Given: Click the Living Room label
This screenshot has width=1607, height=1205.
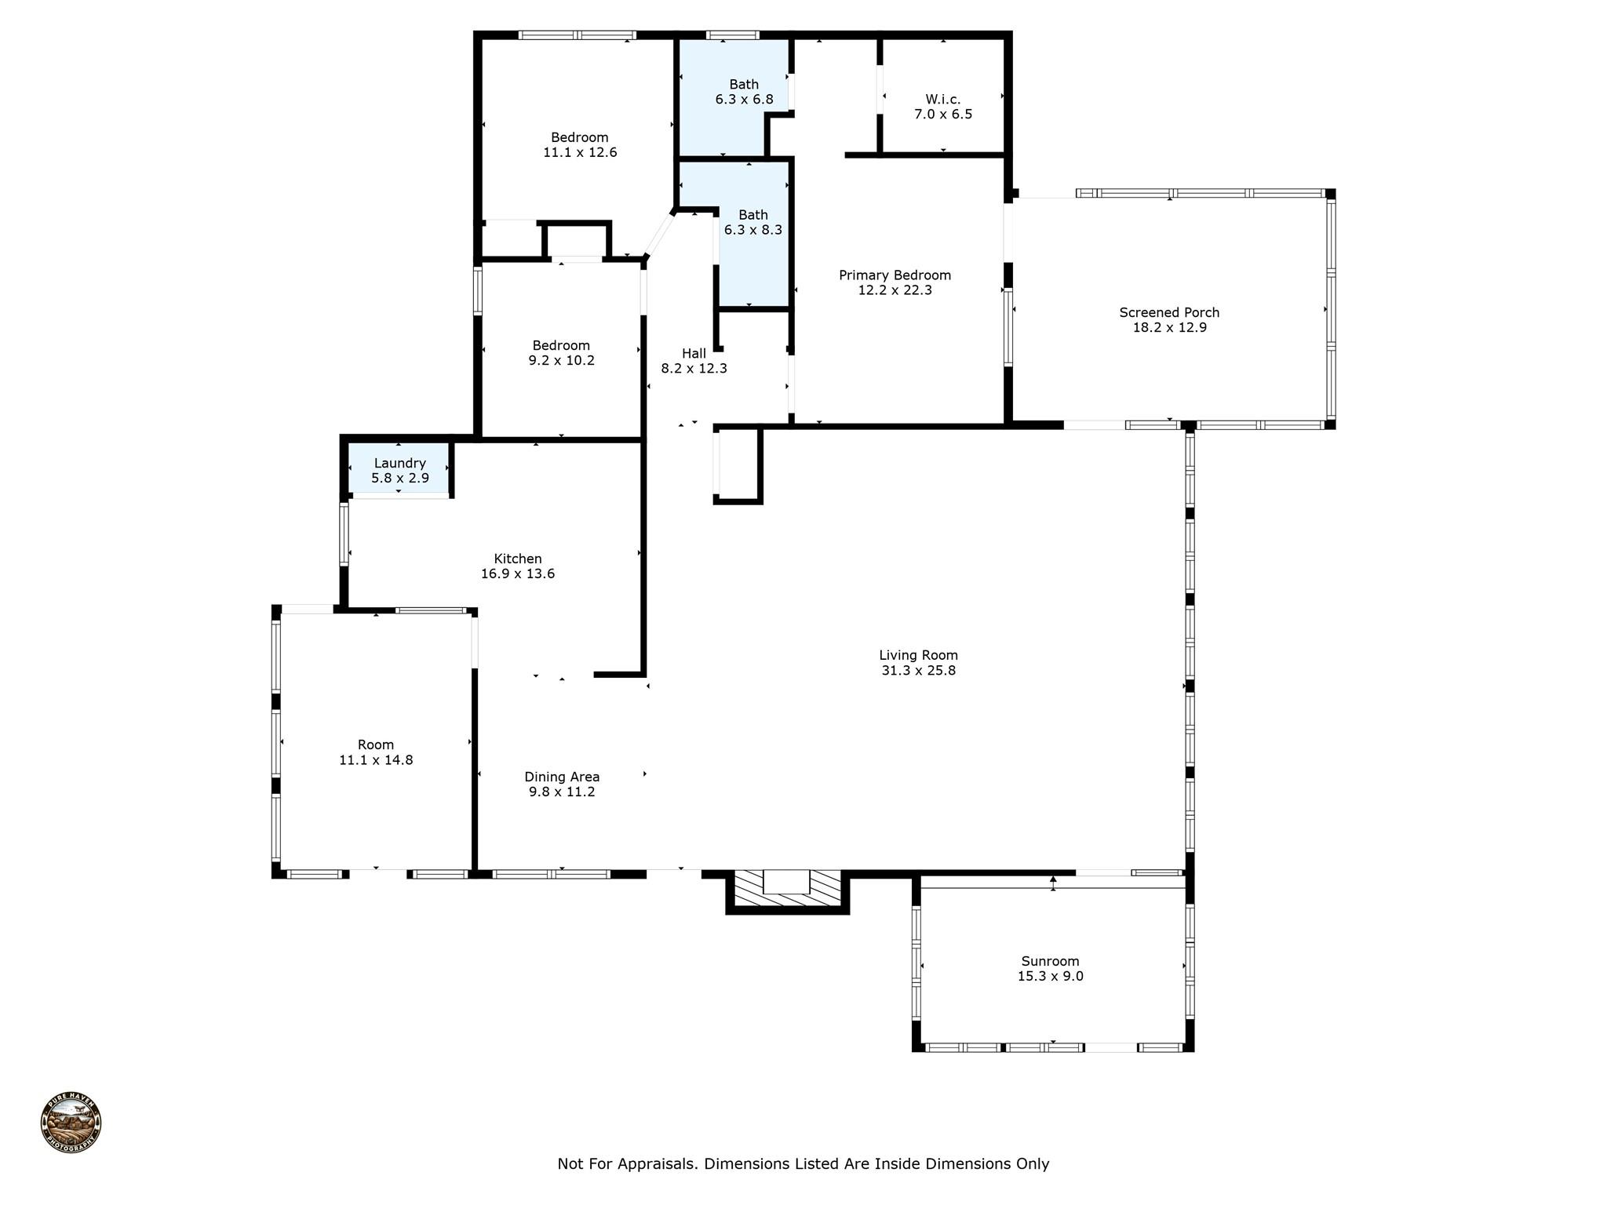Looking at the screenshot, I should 918,655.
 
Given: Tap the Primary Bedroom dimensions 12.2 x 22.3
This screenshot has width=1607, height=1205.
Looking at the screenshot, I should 895,290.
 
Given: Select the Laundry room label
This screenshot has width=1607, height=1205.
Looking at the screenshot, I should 399,463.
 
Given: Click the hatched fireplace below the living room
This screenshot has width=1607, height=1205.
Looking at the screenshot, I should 787,892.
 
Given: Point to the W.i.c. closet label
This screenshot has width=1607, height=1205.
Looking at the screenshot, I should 942,100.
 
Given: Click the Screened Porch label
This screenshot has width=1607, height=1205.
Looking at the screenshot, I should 1169,312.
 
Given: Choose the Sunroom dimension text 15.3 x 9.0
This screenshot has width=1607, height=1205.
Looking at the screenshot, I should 1050,976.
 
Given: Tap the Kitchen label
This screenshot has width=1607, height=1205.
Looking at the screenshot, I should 517,559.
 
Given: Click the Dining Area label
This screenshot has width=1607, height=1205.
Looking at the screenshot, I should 562,777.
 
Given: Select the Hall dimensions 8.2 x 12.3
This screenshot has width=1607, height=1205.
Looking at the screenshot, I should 694,368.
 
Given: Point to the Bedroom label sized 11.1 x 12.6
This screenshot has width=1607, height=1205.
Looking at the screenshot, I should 579,138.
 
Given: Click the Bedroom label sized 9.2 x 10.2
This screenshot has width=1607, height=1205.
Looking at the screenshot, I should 561,346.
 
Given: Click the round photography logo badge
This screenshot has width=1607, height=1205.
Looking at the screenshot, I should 71,1122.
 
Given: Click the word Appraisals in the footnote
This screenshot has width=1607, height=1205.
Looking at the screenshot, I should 657,1163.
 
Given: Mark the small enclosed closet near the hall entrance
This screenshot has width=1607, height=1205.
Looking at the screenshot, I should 738,464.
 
